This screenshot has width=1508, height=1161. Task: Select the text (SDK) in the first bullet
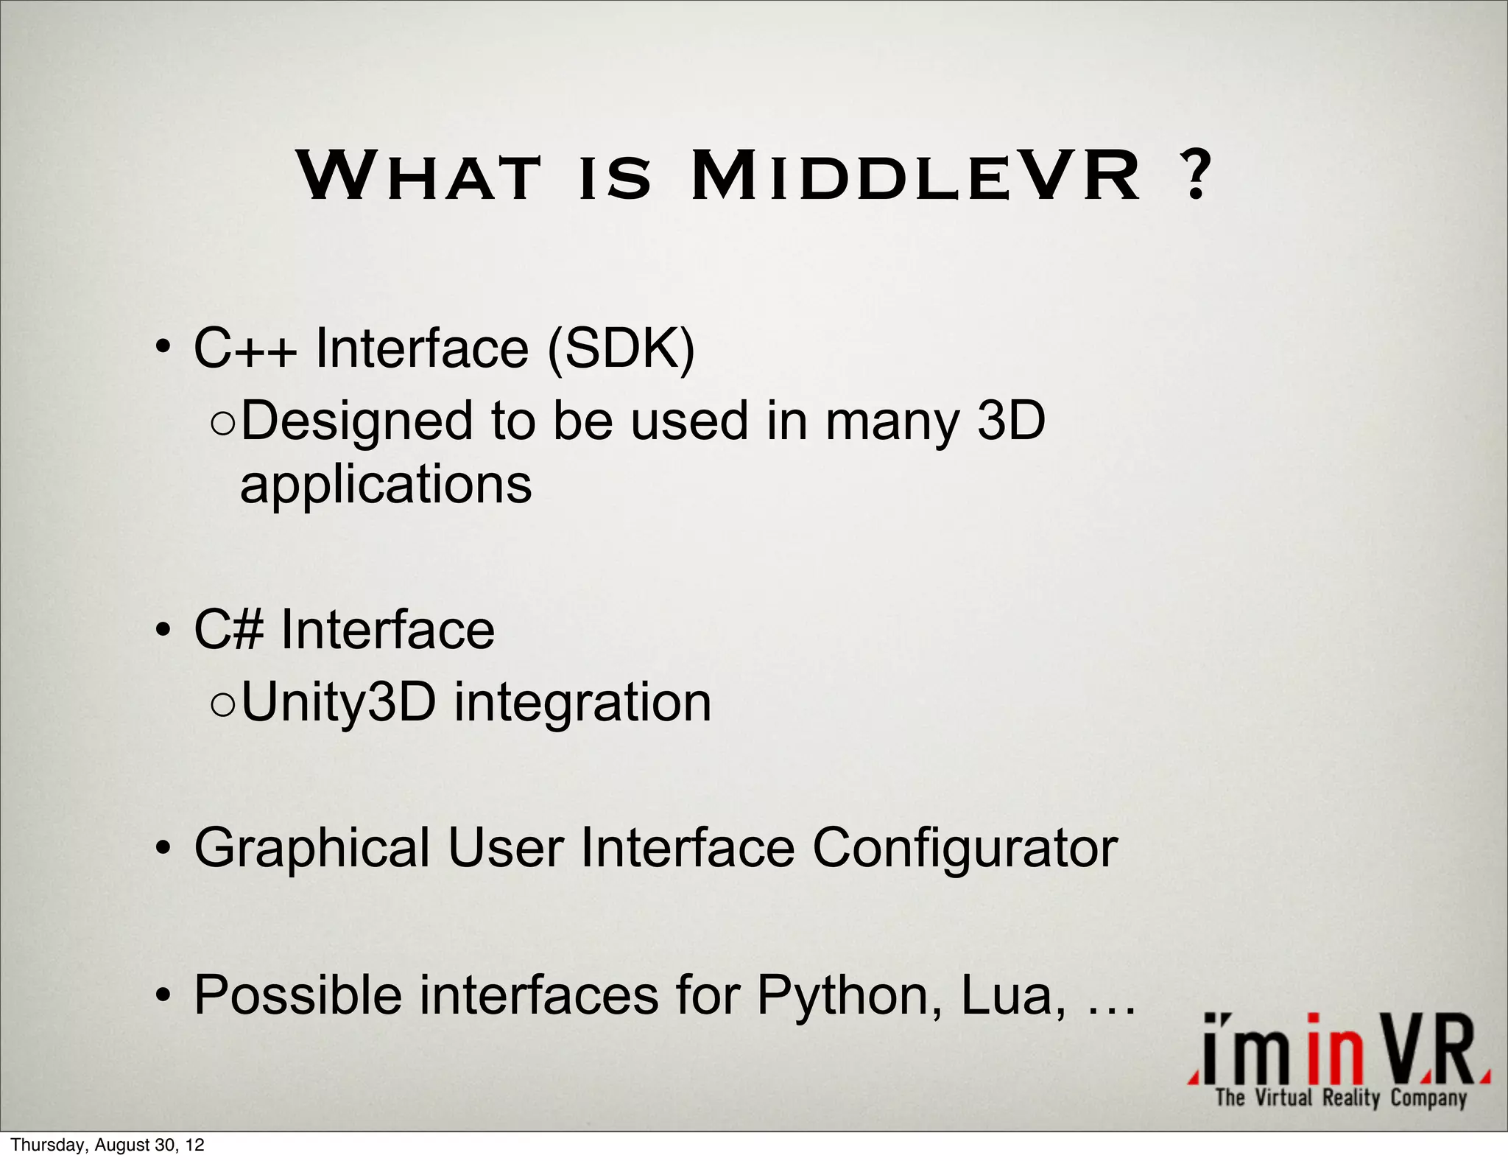pyautogui.click(x=621, y=348)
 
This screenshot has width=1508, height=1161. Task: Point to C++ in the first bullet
pyautogui.click(x=245, y=348)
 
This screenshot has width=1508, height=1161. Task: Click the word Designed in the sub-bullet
pyautogui.click(x=356, y=421)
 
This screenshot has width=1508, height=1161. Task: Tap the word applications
pyautogui.click(x=386, y=485)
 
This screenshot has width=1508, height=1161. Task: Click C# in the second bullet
pyautogui.click(x=228, y=630)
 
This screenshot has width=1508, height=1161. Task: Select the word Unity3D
pyautogui.click(x=339, y=702)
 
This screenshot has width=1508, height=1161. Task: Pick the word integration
pyautogui.click(x=582, y=702)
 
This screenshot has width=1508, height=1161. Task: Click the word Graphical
pyautogui.click(x=311, y=849)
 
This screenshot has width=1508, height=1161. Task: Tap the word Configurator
pyautogui.click(x=965, y=849)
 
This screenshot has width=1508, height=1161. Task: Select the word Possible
pyautogui.click(x=297, y=996)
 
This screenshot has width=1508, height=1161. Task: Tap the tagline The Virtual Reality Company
pyautogui.click(x=1341, y=1098)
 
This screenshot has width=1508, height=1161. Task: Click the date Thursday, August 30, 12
pyautogui.click(x=108, y=1145)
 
